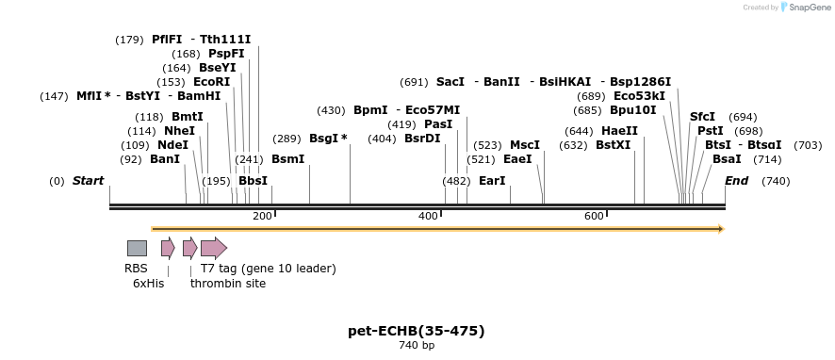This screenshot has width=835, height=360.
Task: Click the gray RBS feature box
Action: pyautogui.click(x=137, y=248)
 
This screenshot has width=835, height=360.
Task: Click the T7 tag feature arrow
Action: pyautogui.click(x=214, y=248)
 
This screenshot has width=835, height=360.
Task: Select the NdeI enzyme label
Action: pyautogui.click(x=172, y=145)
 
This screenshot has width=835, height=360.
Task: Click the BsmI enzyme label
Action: pyautogui.click(x=287, y=159)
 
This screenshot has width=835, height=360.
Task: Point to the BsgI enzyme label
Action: pyautogui.click(x=328, y=139)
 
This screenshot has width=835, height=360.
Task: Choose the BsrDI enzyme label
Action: pyautogui.click(x=422, y=139)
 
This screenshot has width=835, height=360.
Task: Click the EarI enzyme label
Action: pyautogui.click(x=492, y=181)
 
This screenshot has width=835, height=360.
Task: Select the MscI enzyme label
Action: pyautogui.click(x=525, y=145)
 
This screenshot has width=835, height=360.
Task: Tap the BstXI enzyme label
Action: pyautogui.click(x=614, y=145)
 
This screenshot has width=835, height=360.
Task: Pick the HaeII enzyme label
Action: pyautogui.click(x=619, y=131)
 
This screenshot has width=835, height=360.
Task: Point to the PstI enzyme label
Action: pyautogui.click(x=711, y=131)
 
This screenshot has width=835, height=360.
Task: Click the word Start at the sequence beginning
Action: pyautogui.click(x=88, y=181)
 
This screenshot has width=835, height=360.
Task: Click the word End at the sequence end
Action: pyautogui.click(x=736, y=181)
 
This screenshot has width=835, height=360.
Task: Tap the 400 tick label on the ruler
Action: pyautogui.click(x=428, y=217)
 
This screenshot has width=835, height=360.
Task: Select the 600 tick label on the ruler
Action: pyautogui.click(x=594, y=217)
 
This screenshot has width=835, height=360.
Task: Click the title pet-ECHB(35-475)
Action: pyautogui.click(x=416, y=331)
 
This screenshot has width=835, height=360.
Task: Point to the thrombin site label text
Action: pyautogui.click(x=228, y=284)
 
